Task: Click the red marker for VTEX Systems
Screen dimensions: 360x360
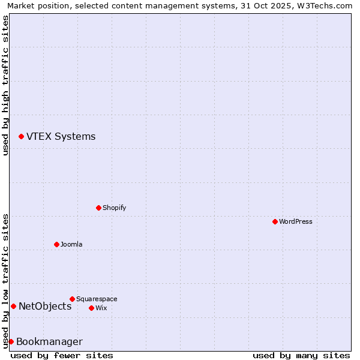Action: coord(21,137)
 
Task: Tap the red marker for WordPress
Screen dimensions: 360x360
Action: coord(275,221)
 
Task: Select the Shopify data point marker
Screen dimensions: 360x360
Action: coord(98,208)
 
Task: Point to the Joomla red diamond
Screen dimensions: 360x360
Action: coord(56,244)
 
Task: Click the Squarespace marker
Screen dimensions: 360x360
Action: coord(72,299)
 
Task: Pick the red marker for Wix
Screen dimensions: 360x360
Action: coord(91,308)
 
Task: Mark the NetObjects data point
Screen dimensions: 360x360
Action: coord(13,307)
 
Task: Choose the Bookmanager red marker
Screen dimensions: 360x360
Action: coord(11,341)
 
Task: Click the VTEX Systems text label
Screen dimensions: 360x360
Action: coord(61,137)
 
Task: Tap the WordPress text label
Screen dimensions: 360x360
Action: coord(296,221)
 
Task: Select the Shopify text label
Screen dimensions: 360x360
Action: coord(114,208)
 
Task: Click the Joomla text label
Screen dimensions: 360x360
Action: coord(71,244)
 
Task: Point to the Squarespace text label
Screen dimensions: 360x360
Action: coord(97,299)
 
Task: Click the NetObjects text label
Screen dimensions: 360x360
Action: coord(45,307)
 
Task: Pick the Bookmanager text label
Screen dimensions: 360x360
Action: coord(49,342)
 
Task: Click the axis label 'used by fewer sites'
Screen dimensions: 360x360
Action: coord(62,355)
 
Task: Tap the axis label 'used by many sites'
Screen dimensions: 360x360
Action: coord(301,355)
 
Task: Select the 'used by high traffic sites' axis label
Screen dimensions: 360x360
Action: coord(5,85)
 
